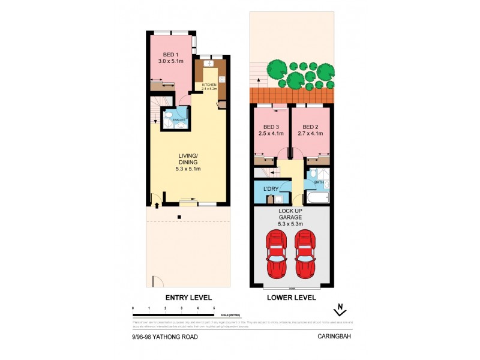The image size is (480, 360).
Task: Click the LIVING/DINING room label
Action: pos(188,162)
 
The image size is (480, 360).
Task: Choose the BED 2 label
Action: pos(310,131)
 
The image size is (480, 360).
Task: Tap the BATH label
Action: pos(320,182)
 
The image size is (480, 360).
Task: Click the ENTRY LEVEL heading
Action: pos(188,298)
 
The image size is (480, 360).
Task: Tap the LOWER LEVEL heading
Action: pos(292,298)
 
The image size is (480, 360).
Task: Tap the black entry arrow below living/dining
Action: pos(157,205)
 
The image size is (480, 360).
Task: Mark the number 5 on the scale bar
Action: pos(214,308)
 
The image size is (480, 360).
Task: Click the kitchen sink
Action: pos(209,64)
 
